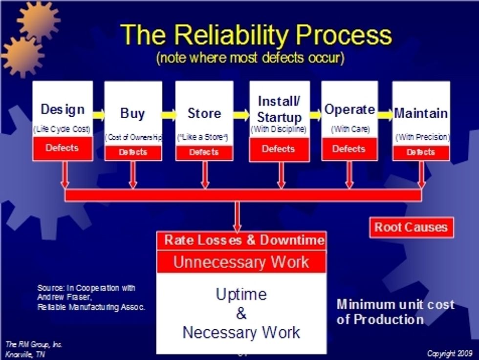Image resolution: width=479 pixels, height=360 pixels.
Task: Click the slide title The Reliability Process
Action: coord(256,35)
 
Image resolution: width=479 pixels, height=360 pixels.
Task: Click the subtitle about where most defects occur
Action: coord(250,58)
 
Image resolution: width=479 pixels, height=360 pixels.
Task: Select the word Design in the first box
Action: coord(63,109)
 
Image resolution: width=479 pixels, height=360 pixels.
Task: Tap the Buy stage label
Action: coord(132,114)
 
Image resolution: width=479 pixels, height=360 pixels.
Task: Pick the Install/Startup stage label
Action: coord(279,109)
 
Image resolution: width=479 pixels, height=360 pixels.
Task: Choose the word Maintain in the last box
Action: coord(421,113)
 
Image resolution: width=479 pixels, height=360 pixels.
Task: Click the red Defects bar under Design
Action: coord(62,148)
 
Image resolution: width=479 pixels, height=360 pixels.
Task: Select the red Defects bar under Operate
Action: coord(349,148)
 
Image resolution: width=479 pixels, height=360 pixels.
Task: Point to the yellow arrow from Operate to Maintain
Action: coord(385,115)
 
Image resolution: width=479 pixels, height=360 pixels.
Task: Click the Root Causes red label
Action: coord(411,228)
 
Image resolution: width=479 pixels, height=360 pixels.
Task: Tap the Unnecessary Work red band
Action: coord(241,262)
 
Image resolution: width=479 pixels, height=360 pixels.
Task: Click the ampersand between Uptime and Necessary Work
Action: coord(241,314)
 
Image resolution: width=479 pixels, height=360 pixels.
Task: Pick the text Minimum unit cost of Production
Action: coord(395,312)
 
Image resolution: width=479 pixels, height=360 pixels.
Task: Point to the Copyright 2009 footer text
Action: coord(450,353)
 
